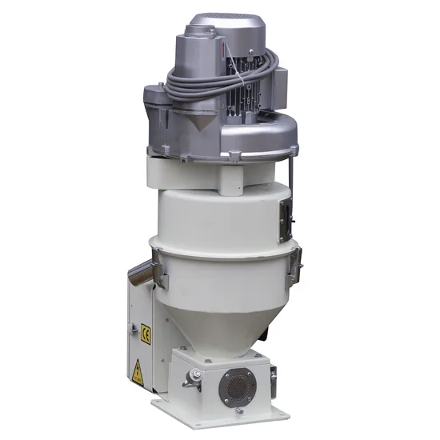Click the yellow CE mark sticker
[x=146, y=334]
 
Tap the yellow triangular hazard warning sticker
[x=138, y=372]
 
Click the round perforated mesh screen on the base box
[x=238, y=386]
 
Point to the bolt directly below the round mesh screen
[x=239, y=411]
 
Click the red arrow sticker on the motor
[x=223, y=49]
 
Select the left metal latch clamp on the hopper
[x=161, y=268]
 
